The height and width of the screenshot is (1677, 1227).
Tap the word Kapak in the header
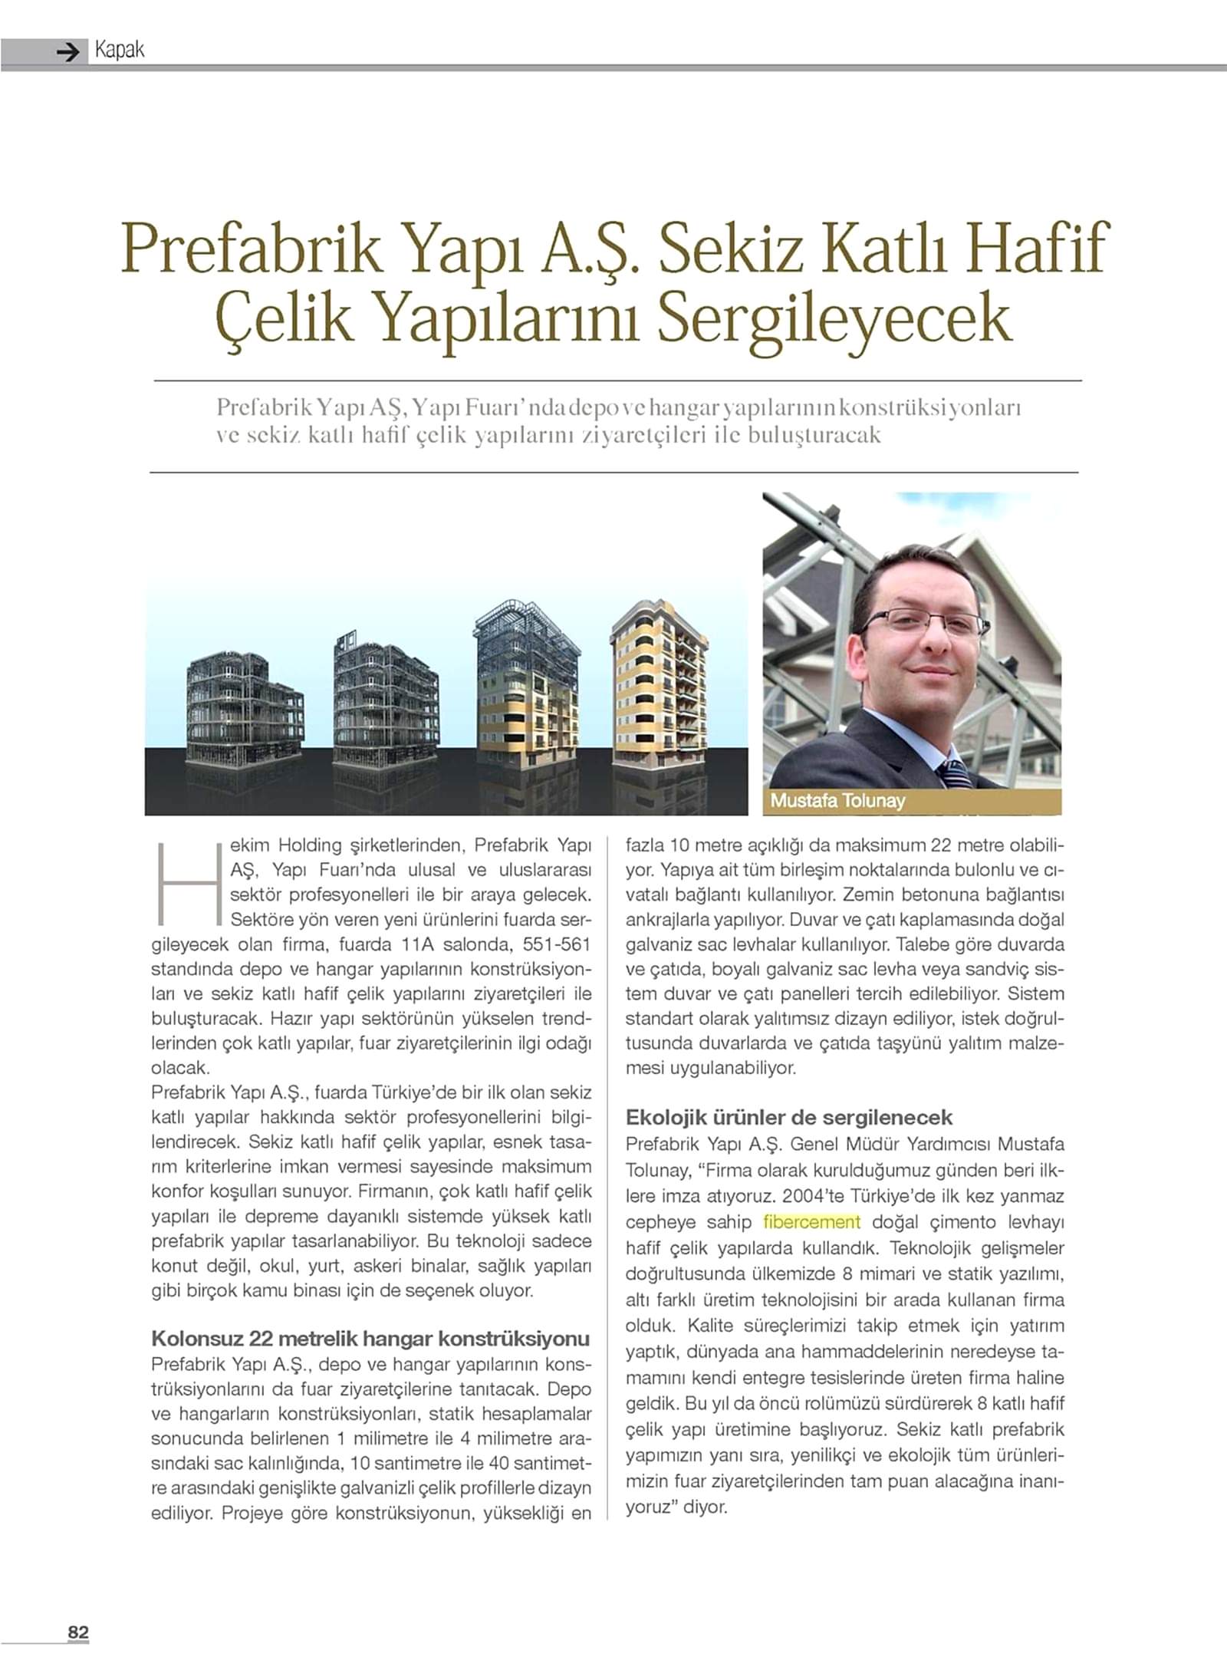pos(120,51)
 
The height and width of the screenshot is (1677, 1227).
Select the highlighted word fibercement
pos(812,1221)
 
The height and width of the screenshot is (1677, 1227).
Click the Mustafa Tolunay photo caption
pos(837,801)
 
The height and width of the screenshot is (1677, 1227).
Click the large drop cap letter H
pos(188,883)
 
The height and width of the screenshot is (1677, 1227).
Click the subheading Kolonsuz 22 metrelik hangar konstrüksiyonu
pos(370,1339)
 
